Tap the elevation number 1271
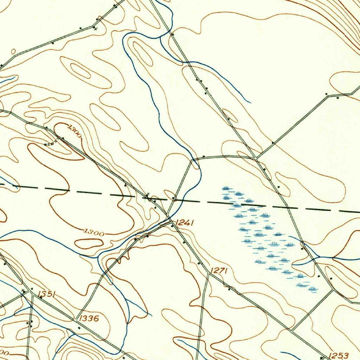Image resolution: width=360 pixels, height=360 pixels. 220,270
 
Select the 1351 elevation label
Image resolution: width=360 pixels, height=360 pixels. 46,294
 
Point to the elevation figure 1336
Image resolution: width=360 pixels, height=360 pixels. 89,319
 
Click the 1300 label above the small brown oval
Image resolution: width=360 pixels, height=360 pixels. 94,232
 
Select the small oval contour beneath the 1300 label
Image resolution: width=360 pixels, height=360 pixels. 89,243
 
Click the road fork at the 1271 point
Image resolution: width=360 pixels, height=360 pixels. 208,274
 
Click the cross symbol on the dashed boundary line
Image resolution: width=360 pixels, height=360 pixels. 148,194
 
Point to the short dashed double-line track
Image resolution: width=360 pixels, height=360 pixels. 52,143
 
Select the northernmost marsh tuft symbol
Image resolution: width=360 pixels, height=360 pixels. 226,188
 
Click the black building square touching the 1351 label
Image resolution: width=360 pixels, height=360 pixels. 41,297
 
